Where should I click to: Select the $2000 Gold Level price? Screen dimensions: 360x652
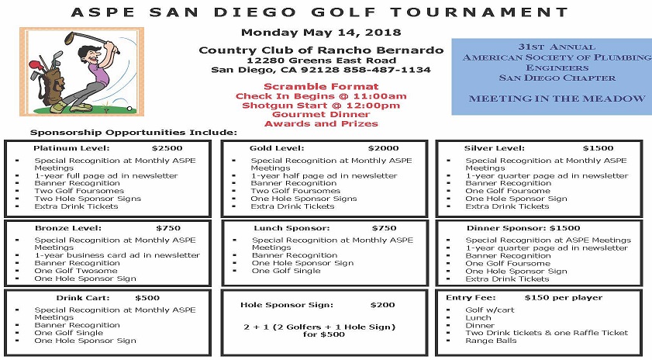383,148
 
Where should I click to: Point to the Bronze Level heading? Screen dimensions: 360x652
67,228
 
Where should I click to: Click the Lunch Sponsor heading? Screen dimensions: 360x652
292,228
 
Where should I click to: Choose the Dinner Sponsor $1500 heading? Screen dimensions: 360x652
523,228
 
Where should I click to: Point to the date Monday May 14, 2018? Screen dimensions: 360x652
321,33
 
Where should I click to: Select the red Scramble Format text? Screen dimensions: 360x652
321,86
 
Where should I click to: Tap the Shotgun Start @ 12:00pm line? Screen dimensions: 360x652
321,105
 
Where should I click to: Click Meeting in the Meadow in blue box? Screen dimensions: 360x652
557,99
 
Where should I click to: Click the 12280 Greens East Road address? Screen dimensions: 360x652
321,60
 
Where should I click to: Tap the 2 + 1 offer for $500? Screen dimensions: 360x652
321,331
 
